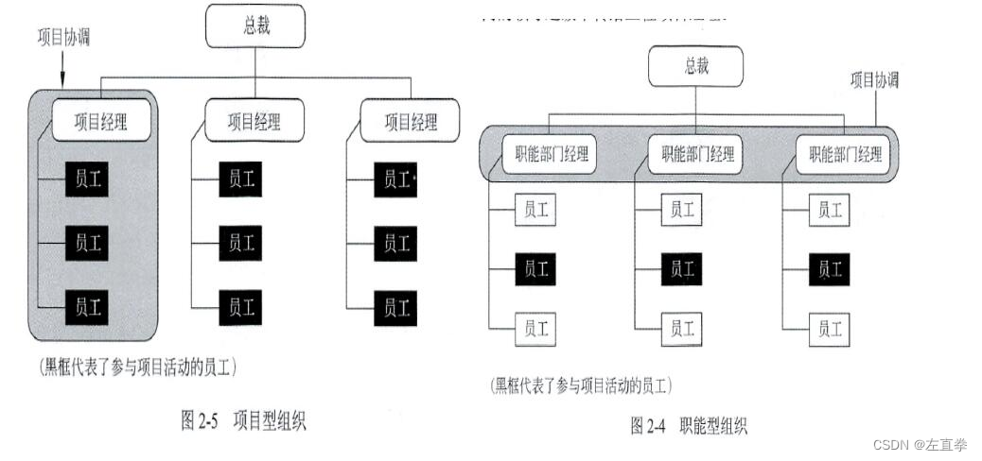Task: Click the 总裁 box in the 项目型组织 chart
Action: pos(255,26)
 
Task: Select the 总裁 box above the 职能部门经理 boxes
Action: pos(695,66)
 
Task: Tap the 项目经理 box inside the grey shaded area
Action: pos(101,121)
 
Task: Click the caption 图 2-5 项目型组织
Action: pos(243,421)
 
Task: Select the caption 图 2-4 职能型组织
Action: pos(688,426)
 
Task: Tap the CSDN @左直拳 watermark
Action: pos(921,444)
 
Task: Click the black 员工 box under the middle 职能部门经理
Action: pos(682,269)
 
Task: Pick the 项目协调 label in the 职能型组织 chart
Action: pos(874,80)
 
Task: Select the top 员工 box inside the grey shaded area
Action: pos(87,180)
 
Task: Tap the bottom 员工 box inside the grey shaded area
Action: pos(87,307)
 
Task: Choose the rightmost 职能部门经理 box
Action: pos(839,154)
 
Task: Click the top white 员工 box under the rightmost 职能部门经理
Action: pos(830,210)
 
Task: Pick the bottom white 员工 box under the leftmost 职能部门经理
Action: pos(535,329)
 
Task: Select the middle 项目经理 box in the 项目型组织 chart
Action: pos(254,121)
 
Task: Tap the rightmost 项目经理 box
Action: pos(410,121)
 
